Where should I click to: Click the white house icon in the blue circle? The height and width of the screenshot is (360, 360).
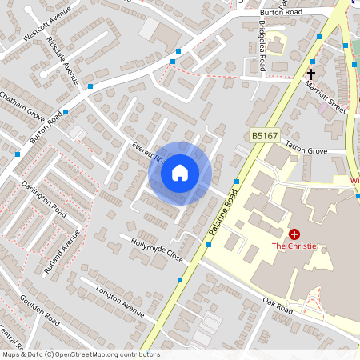(x=180, y=173)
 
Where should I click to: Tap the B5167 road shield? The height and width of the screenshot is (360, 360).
(x=266, y=138)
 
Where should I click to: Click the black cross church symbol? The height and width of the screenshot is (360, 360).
(x=310, y=74)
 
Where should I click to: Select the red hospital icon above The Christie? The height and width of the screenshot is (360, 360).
(x=295, y=234)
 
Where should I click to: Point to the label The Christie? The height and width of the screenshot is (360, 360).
(x=294, y=246)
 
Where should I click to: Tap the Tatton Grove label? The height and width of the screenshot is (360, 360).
(x=307, y=150)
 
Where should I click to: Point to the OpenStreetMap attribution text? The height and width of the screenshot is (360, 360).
(x=81, y=354)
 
